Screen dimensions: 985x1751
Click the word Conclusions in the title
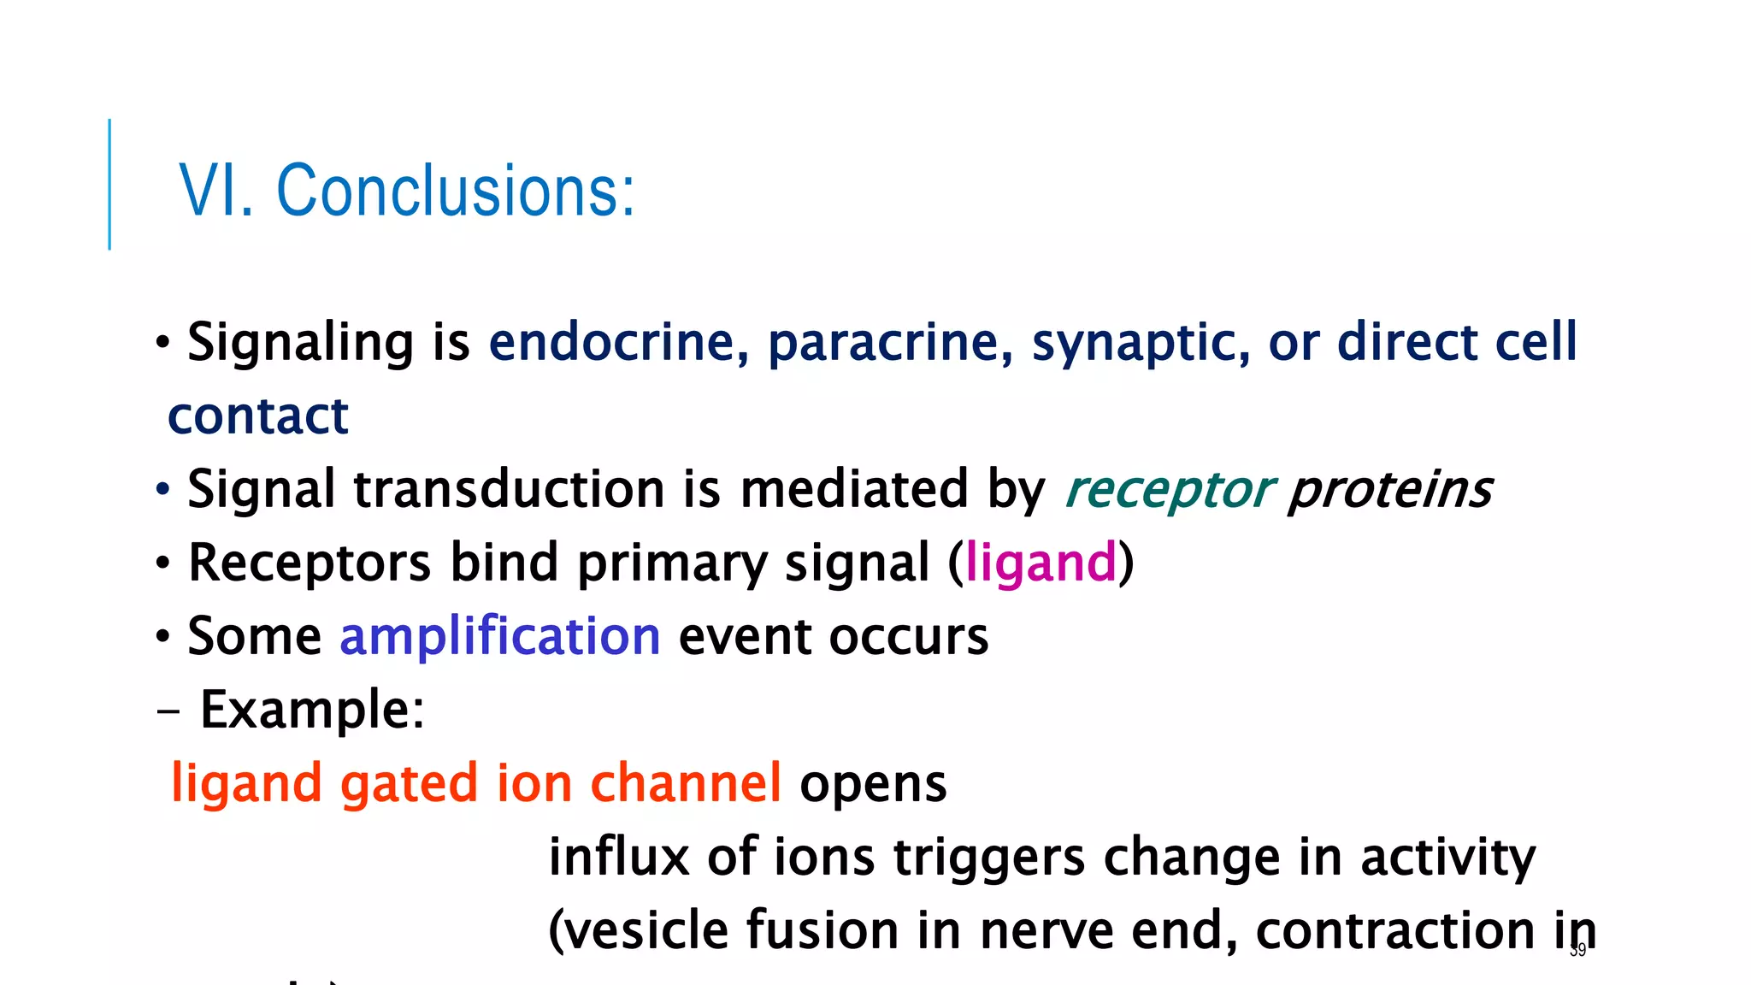pyautogui.click(x=455, y=191)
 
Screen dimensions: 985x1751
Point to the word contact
pyautogui.click(x=258, y=416)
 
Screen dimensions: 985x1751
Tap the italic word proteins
pyautogui.click(x=1389, y=490)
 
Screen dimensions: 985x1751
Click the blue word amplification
pyautogui.click(x=500, y=637)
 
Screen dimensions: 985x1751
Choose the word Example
pyautogui.click(x=311, y=710)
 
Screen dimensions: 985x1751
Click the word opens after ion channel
pyautogui.click(x=873, y=784)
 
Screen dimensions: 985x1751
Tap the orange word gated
pyautogui.click(x=409, y=784)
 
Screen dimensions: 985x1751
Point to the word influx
pyautogui.click(x=618, y=857)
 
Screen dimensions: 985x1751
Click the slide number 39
pyautogui.click(x=1577, y=950)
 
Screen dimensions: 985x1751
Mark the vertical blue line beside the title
pyautogui.click(x=109, y=184)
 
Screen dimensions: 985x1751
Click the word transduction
pyautogui.click(x=509, y=490)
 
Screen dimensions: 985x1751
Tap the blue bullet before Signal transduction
pyautogui.click(x=163, y=491)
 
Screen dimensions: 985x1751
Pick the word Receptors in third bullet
pyautogui.click(x=310, y=563)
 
